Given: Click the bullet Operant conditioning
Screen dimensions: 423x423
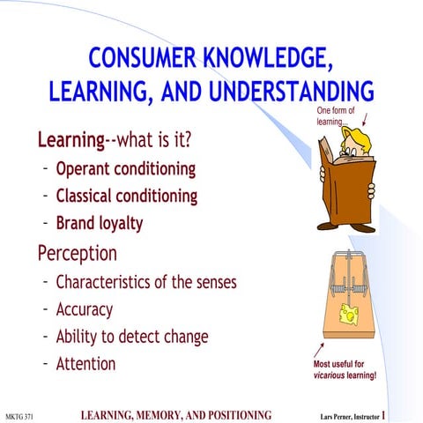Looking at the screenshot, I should (125, 167).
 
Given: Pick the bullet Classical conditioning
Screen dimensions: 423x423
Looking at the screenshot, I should (126, 195).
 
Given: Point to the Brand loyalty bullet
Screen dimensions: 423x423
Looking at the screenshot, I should (99, 223).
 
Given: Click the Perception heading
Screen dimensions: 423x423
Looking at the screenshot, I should (77, 253).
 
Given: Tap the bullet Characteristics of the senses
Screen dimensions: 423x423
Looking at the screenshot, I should (145, 283).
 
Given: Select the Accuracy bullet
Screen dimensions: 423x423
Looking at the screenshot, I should (84, 309).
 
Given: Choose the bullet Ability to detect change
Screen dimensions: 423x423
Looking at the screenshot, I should (132, 336).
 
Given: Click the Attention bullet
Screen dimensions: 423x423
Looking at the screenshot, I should (85, 362).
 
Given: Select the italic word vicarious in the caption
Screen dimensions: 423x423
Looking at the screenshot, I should (331, 375).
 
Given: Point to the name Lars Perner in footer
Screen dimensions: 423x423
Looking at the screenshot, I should (338, 414).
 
